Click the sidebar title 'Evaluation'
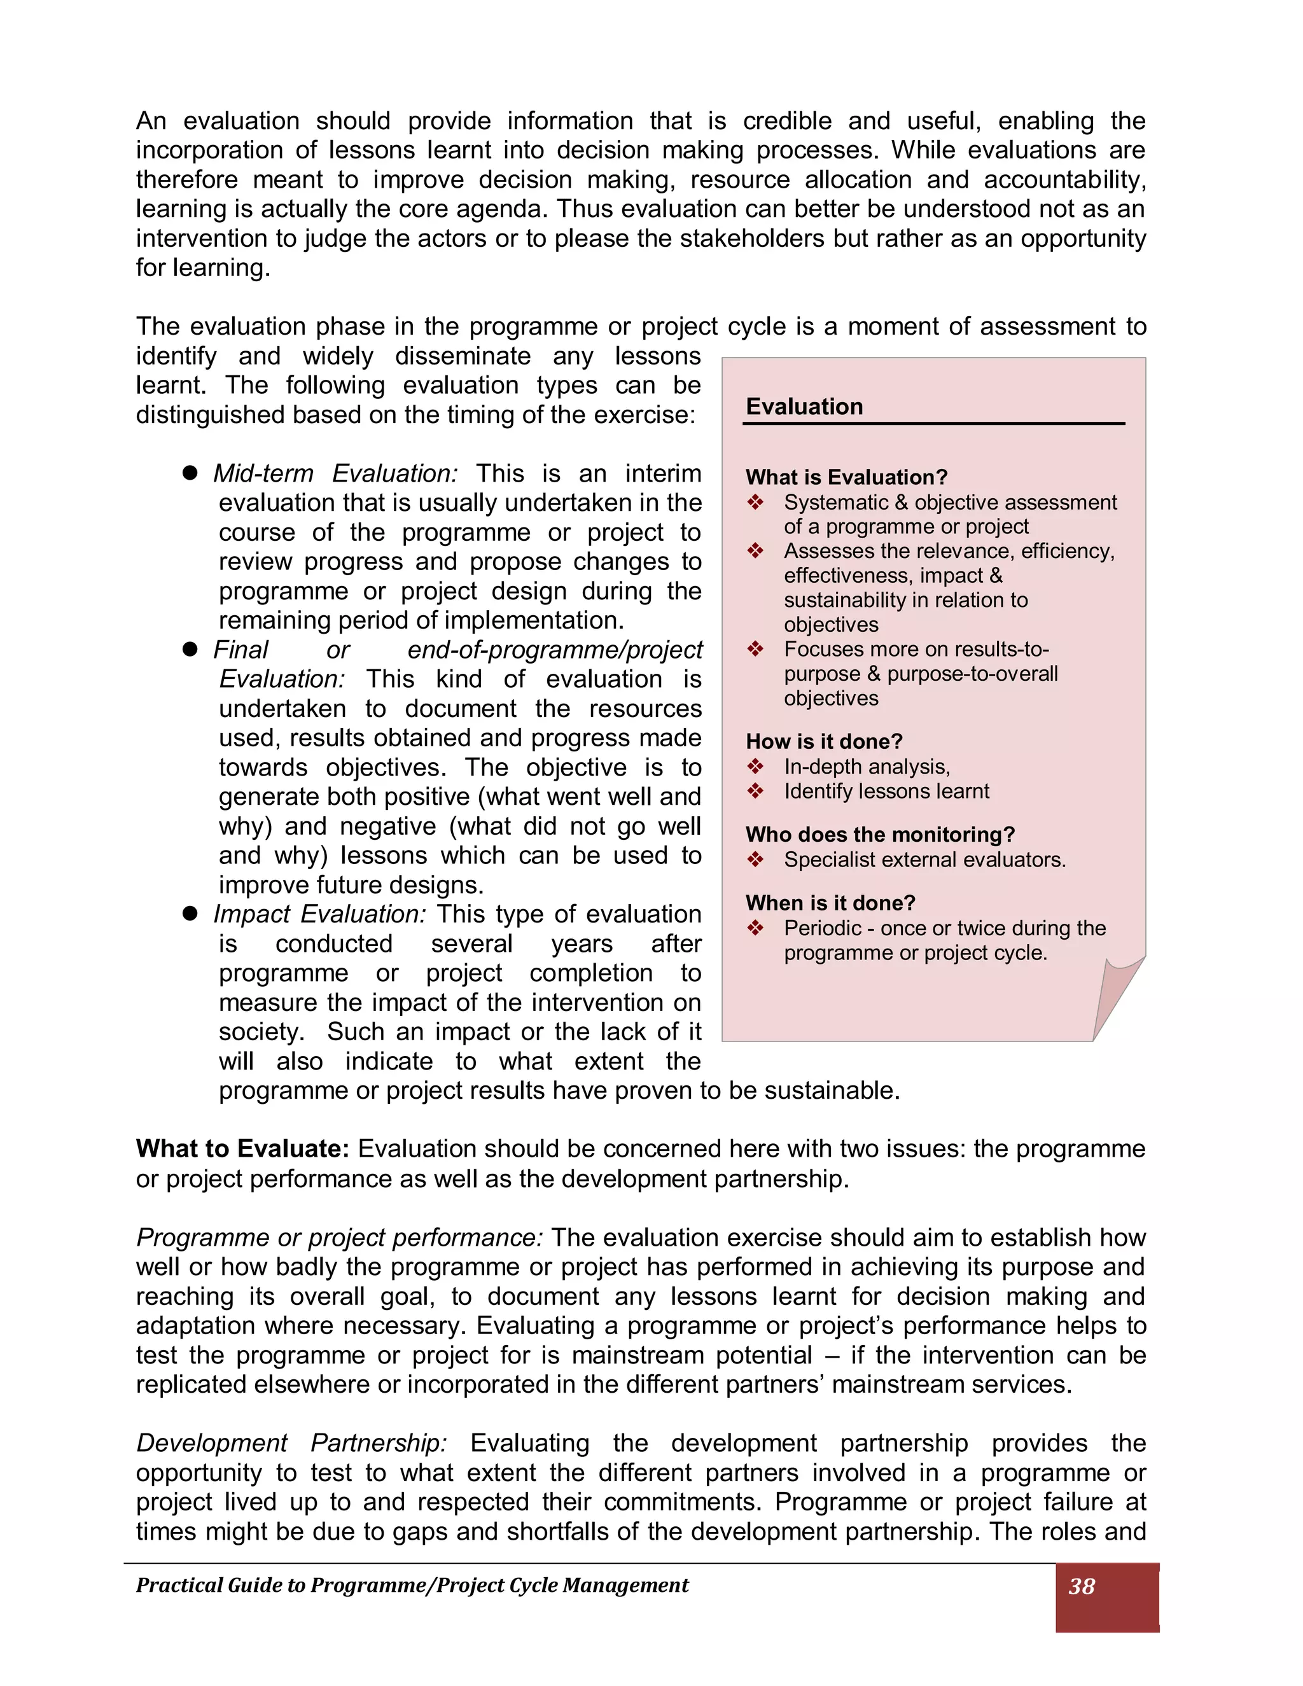[804, 407]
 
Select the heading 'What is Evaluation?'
[846, 477]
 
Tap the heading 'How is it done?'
[824, 741]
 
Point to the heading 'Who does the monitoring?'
[879, 835]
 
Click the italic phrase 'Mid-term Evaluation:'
[336, 473]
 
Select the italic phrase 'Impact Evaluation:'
[319, 914]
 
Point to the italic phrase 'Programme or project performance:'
[340, 1237]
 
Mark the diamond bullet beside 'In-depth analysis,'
[756, 767]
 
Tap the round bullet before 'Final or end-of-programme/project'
[190, 649]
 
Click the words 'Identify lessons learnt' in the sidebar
[886, 791]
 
